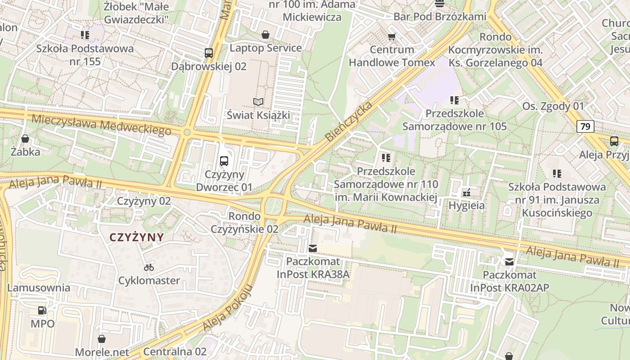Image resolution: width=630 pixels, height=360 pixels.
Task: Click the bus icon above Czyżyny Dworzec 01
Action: pyautogui.click(x=224, y=161)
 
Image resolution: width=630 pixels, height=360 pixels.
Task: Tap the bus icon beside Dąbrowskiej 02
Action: pyautogui.click(x=208, y=53)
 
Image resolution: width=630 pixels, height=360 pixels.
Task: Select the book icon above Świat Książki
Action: pyautogui.click(x=258, y=102)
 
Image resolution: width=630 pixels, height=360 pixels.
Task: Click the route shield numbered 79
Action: pyautogui.click(x=585, y=126)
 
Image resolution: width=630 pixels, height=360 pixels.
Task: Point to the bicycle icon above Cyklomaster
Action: pyautogui.click(x=149, y=267)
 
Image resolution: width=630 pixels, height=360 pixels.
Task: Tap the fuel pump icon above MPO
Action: pyautogui.click(x=42, y=310)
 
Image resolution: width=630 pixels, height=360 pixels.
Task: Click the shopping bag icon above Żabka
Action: pyautogui.click(x=26, y=139)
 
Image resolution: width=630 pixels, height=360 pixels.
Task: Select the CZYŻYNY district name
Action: pyautogui.click(x=137, y=237)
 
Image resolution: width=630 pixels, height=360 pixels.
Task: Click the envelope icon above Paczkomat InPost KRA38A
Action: pyautogui.click(x=313, y=248)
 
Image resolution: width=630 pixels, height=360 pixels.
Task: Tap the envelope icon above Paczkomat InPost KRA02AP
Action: pyautogui.click(x=509, y=261)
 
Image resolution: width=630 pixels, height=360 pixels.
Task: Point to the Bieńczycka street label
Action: pyautogui.click(x=349, y=121)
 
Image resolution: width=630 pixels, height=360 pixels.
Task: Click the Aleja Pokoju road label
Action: pyautogui.click(x=227, y=308)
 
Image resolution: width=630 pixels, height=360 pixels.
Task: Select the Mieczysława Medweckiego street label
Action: pyautogui.click(x=102, y=125)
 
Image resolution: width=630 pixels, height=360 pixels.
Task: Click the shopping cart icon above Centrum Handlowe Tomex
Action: pyautogui.click(x=392, y=36)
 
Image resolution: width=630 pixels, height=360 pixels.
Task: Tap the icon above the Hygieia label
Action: pyautogui.click(x=467, y=193)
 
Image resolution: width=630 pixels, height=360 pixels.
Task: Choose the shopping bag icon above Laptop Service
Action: pyautogui.click(x=265, y=35)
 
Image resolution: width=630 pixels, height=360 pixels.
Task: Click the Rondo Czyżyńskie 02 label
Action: pyautogui.click(x=245, y=222)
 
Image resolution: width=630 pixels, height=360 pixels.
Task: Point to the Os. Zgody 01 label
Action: pyautogui.click(x=553, y=106)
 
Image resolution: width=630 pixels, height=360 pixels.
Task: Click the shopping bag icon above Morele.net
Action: pyautogui.click(x=102, y=338)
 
